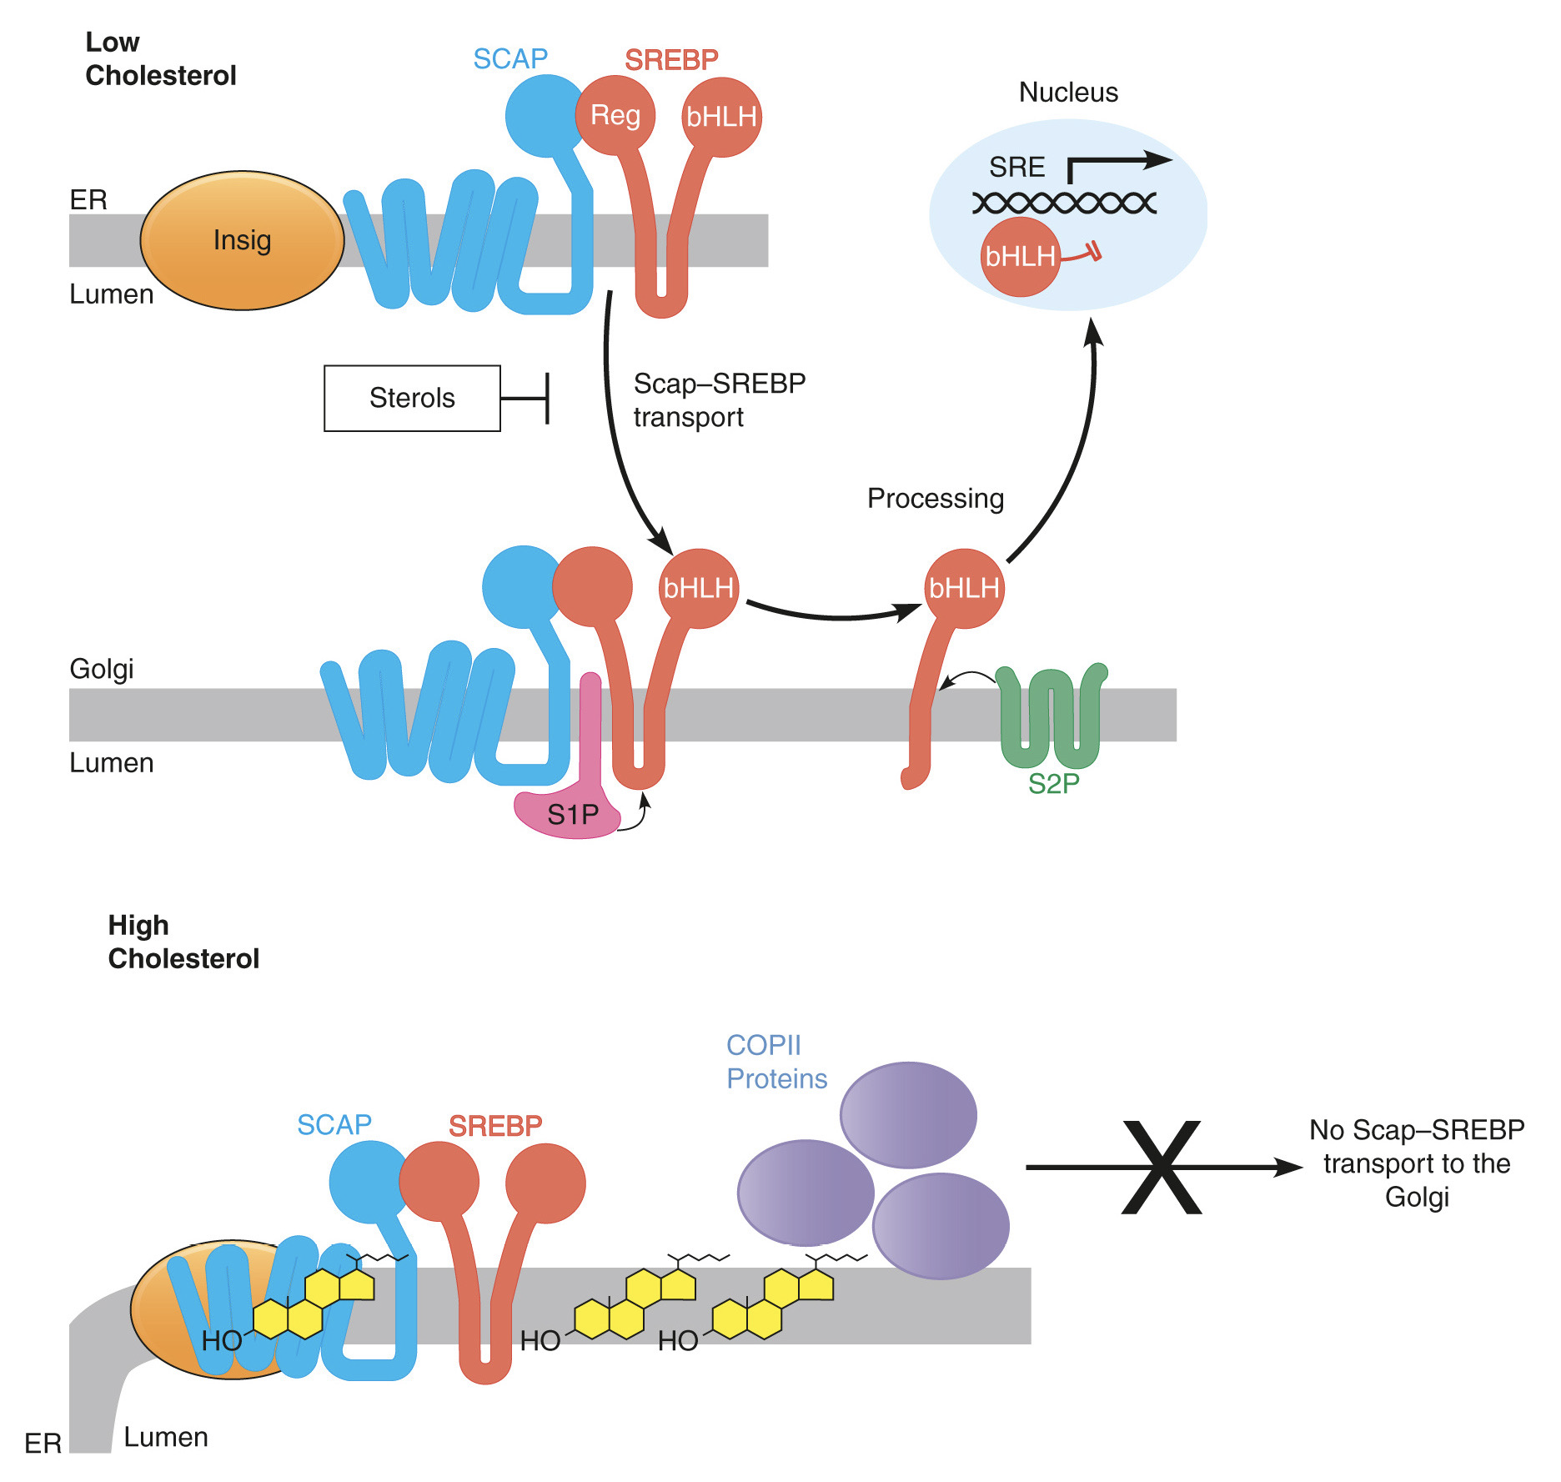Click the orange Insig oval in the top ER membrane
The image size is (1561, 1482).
242,240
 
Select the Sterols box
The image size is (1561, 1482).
412,398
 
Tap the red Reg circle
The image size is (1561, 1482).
615,115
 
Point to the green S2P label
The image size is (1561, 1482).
1053,784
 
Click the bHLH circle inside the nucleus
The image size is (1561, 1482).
1020,257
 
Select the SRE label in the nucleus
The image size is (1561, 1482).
1016,167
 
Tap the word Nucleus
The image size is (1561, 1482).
1068,92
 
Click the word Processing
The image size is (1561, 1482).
935,498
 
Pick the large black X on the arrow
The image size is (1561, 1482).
1162,1167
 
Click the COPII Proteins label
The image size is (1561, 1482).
776,1062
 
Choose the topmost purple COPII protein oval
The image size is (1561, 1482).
908,1114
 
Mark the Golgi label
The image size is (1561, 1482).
101,669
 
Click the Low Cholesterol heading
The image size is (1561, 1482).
160,58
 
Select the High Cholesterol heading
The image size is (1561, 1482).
183,942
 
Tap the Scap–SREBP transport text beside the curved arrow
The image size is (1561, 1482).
719,399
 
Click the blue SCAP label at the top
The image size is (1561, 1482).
509,58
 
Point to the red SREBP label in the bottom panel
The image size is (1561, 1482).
495,1126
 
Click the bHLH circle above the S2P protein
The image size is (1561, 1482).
964,588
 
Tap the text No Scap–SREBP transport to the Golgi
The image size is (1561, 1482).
1416,1163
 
